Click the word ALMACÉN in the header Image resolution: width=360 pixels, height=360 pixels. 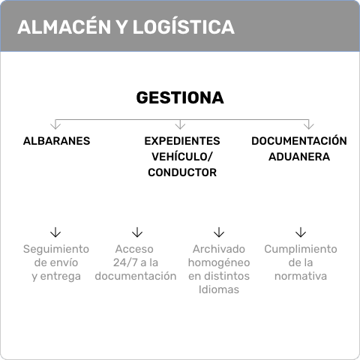tap(64, 26)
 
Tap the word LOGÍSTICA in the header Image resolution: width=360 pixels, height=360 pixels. tap(183, 26)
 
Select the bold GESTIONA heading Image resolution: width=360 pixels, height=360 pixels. tap(180, 97)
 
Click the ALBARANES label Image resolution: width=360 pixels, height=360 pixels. tap(56, 141)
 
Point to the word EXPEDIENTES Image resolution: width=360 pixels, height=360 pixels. tap(182, 141)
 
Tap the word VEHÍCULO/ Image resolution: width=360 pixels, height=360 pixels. tap(182, 157)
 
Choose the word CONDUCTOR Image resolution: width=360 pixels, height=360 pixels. tap(182, 172)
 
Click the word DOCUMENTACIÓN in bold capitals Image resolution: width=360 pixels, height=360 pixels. tap(299, 140)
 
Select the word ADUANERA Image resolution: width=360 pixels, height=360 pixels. tap(299, 157)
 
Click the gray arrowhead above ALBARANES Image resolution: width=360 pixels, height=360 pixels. tap(55, 125)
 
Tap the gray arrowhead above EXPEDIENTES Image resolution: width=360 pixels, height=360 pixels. tap(180, 125)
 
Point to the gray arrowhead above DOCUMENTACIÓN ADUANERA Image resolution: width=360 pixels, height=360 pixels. tap(309, 125)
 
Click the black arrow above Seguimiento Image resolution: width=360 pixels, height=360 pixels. tap(55, 232)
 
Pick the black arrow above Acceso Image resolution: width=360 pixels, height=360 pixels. tap(137, 232)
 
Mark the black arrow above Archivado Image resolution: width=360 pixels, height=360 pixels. tap(219, 232)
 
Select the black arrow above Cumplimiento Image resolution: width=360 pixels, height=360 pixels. tap(301, 232)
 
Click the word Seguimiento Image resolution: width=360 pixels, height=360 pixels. tap(56, 250)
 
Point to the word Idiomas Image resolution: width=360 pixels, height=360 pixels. tap(219, 289)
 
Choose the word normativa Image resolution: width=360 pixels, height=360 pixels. tap(301, 276)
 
